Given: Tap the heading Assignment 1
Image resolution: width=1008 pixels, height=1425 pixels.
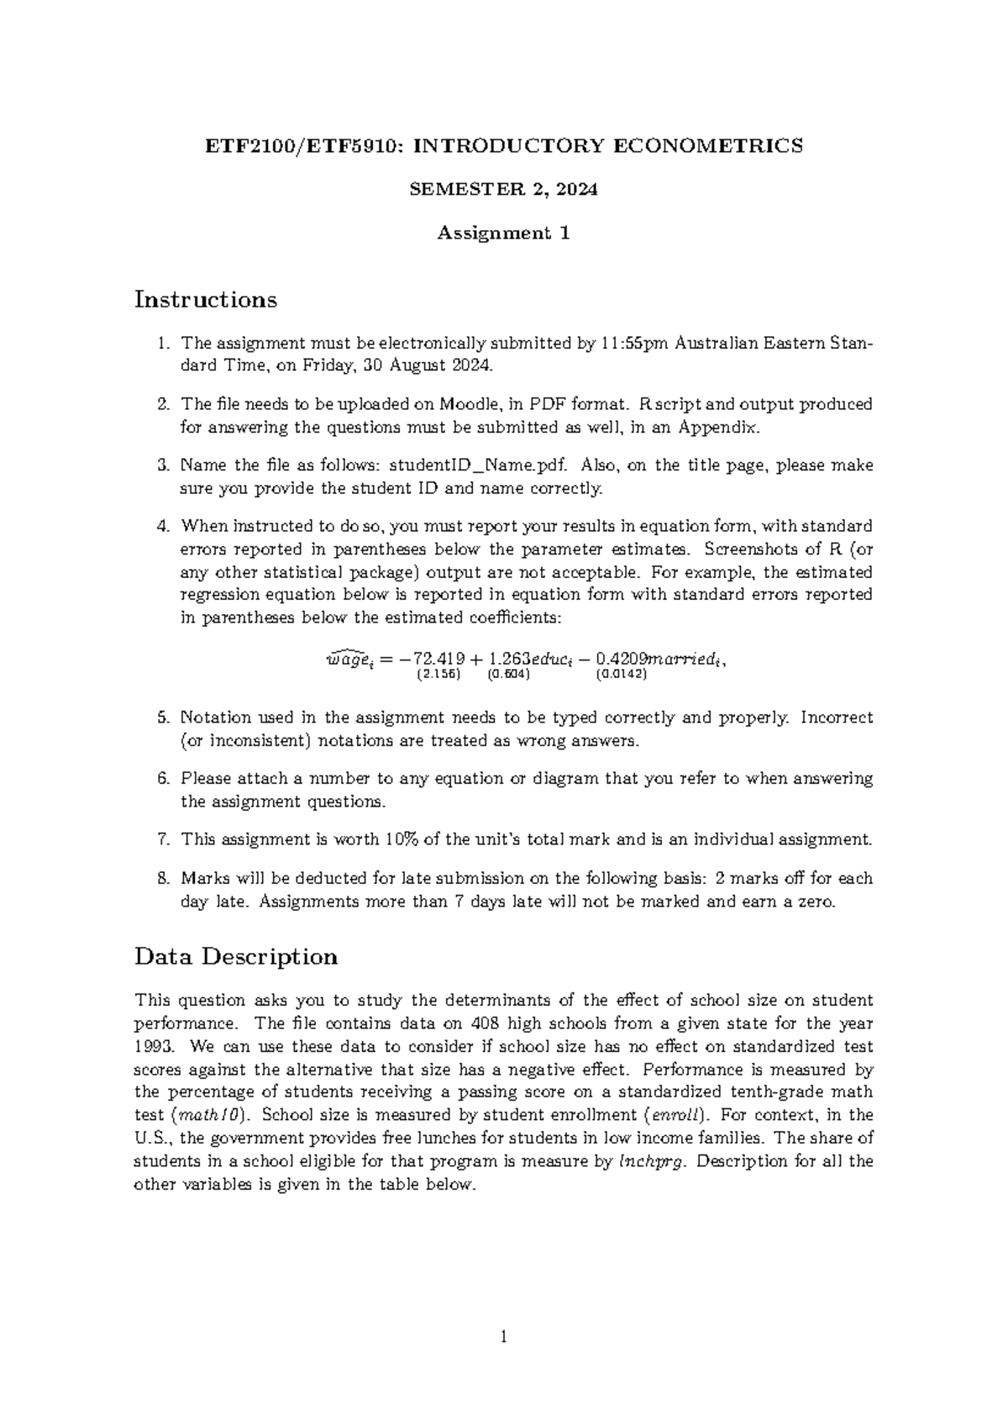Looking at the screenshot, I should [x=504, y=234].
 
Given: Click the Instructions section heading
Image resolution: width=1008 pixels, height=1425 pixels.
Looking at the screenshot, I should [x=206, y=299].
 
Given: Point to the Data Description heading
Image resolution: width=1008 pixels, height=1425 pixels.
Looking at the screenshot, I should [x=236, y=956].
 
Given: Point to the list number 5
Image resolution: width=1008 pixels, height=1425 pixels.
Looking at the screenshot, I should [x=164, y=718].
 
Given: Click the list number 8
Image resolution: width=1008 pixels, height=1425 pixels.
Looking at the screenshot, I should [x=164, y=879].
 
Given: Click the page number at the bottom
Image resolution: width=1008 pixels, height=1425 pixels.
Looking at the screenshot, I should [x=504, y=1337].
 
